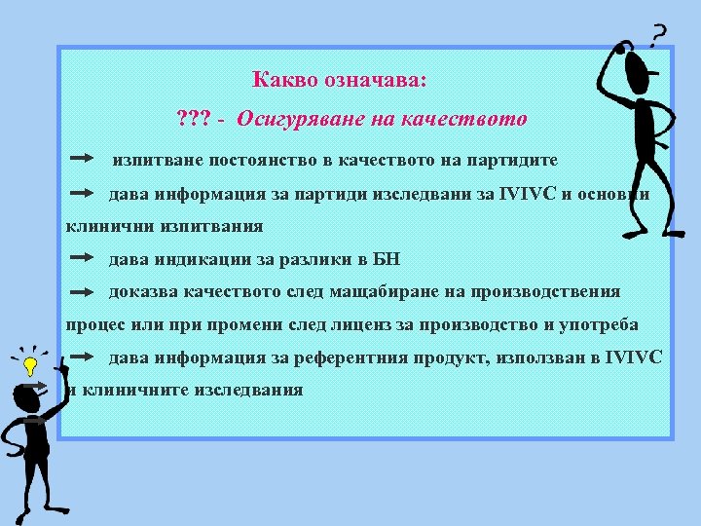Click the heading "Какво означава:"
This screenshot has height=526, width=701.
tap(339, 79)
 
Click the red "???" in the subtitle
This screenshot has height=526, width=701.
tap(192, 120)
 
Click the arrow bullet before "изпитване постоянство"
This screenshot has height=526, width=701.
tap(83, 157)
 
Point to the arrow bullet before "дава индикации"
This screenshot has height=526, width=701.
tap(83, 258)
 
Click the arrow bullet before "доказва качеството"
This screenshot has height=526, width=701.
tap(83, 291)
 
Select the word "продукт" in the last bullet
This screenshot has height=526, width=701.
tap(458, 357)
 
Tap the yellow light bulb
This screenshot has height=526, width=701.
tap(30, 367)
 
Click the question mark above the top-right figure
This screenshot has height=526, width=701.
tap(658, 35)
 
